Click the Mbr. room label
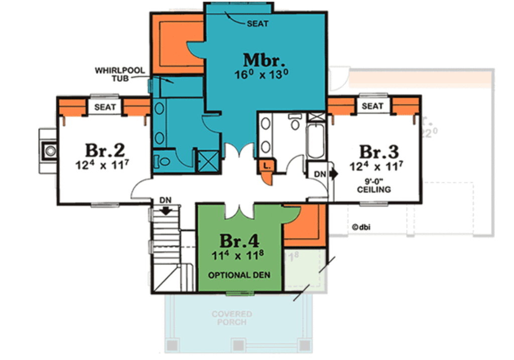pos(265,60)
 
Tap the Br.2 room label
pos(104,151)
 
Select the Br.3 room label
pos(379,151)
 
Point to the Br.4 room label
pos(238,241)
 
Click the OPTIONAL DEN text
pos(239,275)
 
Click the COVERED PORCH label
pos(231,318)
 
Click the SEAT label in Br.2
pos(105,107)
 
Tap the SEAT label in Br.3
pos(372,106)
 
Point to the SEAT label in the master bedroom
pos(258,24)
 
